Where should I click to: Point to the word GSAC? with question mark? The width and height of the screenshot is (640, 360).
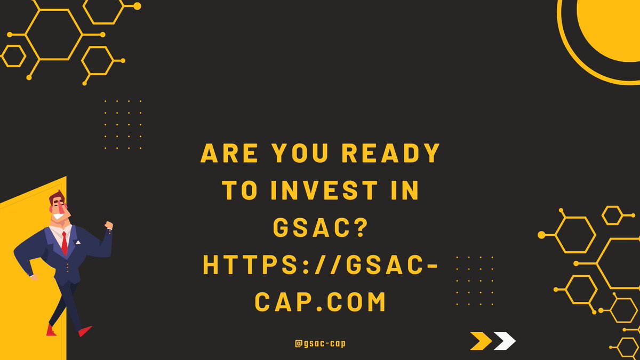coord(321,228)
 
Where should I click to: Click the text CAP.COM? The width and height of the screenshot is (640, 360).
coord(321,302)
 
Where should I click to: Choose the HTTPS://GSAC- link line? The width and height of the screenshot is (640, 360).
coord(321,266)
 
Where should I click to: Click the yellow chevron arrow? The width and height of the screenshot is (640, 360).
coord(481,341)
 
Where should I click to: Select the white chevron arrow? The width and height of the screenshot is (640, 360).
coord(505,341)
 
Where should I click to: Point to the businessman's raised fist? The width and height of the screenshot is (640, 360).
coord(109,226)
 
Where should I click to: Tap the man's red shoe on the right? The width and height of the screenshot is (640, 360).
coord(85,331)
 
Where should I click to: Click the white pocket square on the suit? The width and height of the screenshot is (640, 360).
coord(77,243)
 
